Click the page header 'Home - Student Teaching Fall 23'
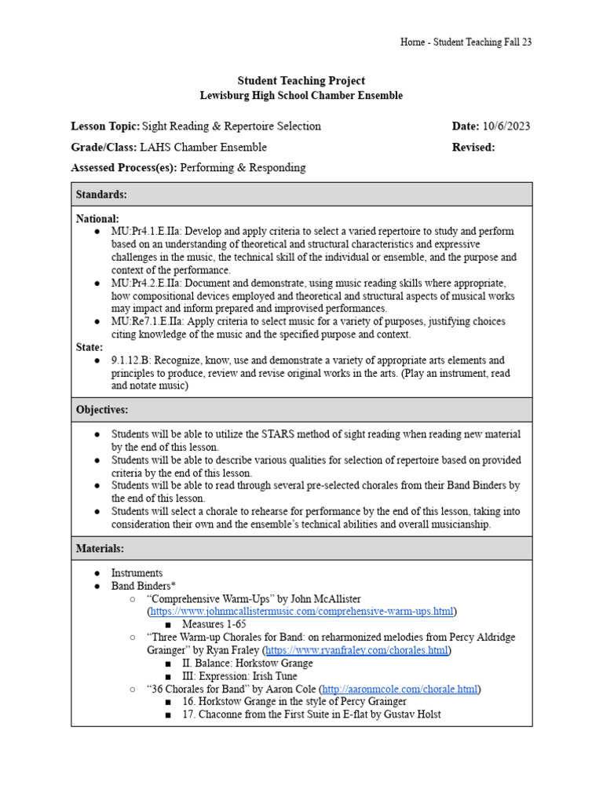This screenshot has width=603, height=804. click(466, 42)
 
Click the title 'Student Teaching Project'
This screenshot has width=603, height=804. click(301, 81)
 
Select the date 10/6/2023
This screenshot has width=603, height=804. click(506, 126)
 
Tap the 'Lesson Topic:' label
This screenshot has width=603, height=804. click(105, 126)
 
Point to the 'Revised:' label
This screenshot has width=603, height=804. click(473, 148)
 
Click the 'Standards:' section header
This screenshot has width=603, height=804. click(101, 194)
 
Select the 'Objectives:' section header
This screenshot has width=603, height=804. click(102, 410)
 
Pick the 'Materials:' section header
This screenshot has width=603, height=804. click(100, 548)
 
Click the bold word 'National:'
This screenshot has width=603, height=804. click(97, 218)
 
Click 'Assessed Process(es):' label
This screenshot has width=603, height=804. click(124, 167)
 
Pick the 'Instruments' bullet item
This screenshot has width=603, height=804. click(137, 573)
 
